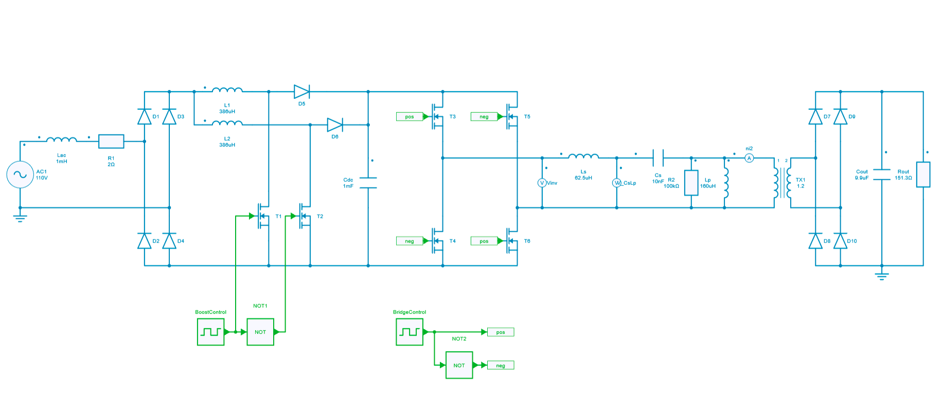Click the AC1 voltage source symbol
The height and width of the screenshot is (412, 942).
click(20, 175)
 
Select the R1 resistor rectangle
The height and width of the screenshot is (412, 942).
click(111, 141)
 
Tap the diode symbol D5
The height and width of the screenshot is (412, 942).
click(301, 92)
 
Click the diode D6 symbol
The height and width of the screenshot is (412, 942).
click(335, 125)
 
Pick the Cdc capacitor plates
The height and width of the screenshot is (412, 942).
click(368, 183)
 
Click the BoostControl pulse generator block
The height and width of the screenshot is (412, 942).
click(211, 332)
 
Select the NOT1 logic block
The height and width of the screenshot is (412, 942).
click(260, 332)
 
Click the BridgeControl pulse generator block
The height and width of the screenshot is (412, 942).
click(410, 332)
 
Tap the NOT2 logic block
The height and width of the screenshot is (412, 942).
click(459, 365)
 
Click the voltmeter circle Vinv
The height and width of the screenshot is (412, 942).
click(542, 183)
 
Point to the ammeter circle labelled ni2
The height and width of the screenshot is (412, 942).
click(749, 158)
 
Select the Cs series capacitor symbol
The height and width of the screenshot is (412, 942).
click(658, 158)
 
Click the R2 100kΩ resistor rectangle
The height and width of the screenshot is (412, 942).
click(691, 183)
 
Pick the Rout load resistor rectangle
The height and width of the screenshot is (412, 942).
click(923, 175)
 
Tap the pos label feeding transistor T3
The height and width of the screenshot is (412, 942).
click(410, 117)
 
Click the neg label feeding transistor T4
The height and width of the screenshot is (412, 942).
click(410, 241)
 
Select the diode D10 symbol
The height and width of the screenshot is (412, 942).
click(840, 241)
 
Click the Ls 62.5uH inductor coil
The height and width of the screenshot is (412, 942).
click(583, 156)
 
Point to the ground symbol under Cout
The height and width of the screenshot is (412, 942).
click(882, 276)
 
